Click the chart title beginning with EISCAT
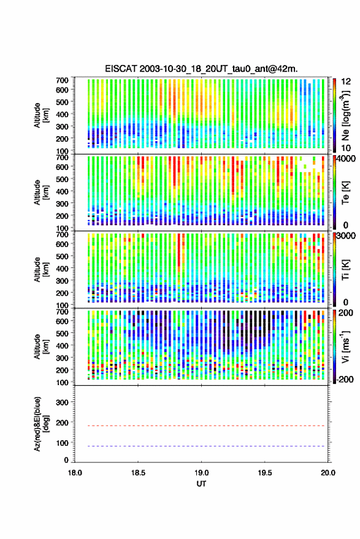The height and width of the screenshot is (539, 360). pos(202,69)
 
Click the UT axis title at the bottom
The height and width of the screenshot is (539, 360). pos(202,484)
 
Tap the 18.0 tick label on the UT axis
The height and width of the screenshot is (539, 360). pos(75,473)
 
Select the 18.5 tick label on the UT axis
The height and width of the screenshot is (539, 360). pos(138,473)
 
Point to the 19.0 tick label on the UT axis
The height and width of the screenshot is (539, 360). pos(202,473)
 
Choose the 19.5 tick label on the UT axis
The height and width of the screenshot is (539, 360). pos(265,473)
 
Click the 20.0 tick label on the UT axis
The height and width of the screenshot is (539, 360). pos(328,473)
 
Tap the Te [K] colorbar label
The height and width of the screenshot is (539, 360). pos(345,193)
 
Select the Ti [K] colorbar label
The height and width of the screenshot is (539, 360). pos(345,270)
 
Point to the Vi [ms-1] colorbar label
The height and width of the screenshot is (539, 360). pos(345,347)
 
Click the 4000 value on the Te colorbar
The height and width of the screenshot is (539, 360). pos(347,159)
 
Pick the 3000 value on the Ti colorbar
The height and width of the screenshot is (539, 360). pos(347,236)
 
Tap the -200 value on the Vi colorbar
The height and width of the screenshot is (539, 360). pos(345,380)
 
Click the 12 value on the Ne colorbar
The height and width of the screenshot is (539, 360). pos(347,82)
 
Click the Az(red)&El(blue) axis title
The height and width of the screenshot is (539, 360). pos(41,424)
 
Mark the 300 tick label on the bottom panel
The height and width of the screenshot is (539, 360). pos(62,402)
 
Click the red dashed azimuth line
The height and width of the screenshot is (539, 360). pos(202,426)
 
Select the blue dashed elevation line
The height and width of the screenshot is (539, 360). pos(202,446)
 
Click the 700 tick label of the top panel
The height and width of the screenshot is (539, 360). pos(62,80)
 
